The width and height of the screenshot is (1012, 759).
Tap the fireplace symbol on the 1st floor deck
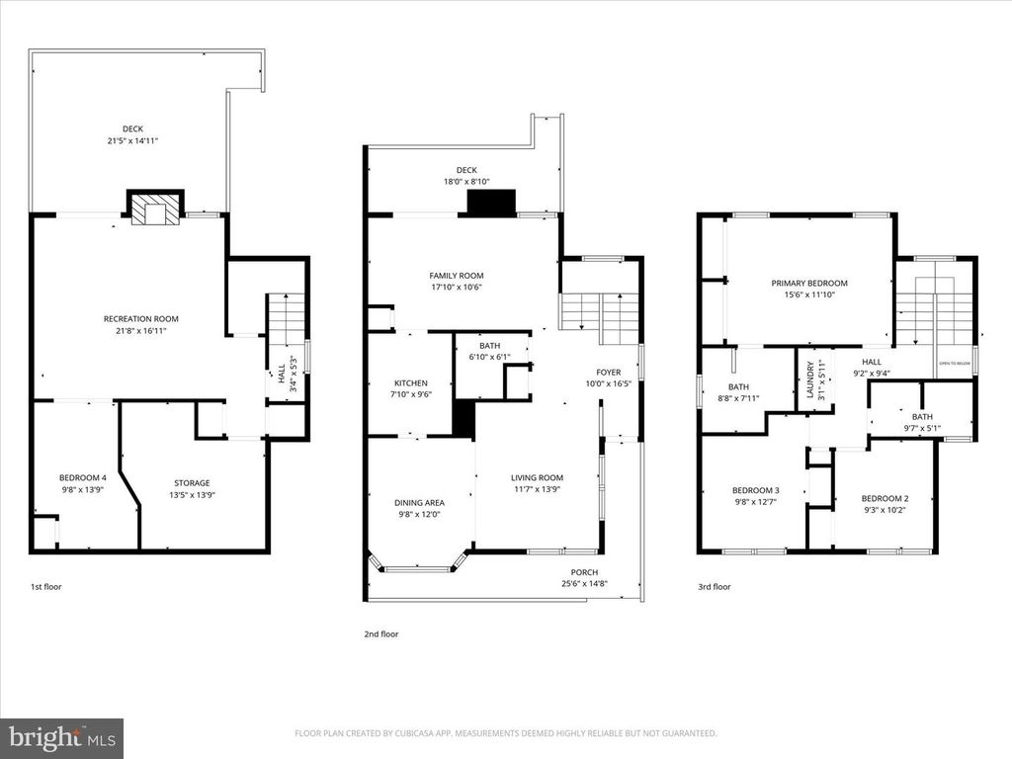click(154, 209)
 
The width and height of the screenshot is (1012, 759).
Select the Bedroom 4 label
click(83, 477)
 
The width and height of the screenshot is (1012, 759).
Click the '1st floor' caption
click(45, 587)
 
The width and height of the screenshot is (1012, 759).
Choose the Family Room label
click(456, 276)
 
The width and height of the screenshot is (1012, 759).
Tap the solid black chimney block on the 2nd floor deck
click(491, 203)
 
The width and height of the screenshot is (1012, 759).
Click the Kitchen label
click(410, 382)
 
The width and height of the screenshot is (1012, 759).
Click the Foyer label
click(608, 373)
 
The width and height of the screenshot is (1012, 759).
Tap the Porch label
click(584, 572)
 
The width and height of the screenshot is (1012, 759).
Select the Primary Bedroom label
click(808, 283)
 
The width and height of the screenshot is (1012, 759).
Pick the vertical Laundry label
click(810, 379)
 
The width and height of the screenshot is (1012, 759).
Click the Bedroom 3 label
click(755, 490)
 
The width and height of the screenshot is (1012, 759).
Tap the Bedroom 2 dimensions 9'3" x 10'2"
click(884, 511)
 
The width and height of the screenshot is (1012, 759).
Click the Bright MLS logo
click(61, 737)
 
